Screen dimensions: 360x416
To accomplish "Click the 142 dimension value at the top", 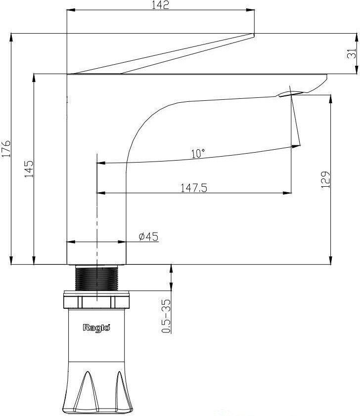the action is pos(160,5).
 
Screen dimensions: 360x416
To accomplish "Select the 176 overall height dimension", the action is pos(6,149).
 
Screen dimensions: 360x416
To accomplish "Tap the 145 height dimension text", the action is pos(29,169).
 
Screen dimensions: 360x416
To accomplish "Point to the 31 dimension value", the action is pos(352,53).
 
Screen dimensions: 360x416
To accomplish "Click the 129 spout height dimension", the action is pos(325,180).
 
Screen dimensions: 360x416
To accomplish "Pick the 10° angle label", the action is pos(198,154).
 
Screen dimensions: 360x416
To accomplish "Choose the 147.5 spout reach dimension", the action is pos(194,188).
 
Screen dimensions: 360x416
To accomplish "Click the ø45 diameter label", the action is pos(148,236).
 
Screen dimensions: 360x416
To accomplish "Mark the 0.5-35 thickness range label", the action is pos(166,316).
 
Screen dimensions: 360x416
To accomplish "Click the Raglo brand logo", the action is pos(96,328).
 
